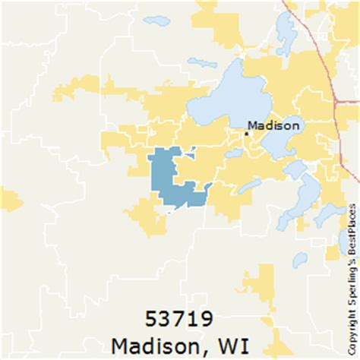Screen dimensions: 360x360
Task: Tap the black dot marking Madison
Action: coord(246,133)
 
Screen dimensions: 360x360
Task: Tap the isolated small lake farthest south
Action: coord(300,260)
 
